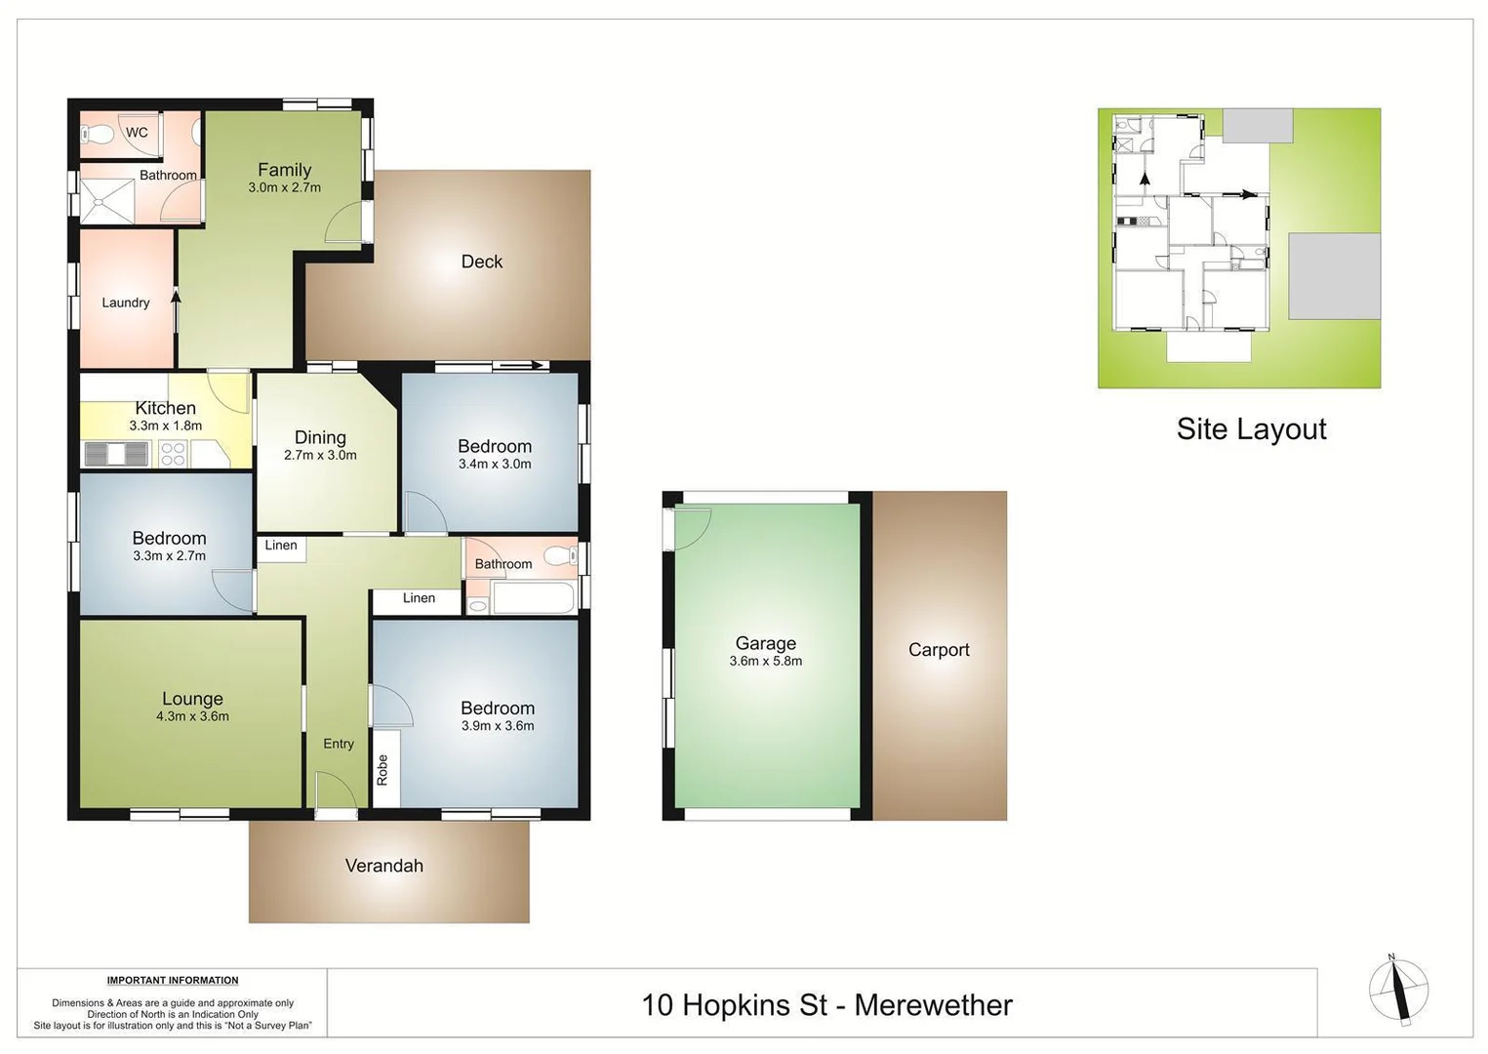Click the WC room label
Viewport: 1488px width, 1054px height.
pos(137,133)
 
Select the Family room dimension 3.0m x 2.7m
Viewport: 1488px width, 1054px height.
pos(284,187)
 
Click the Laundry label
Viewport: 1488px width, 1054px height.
pos(126,303)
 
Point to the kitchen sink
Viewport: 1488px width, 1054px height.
pos(117,454)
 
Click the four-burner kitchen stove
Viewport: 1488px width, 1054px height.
pos(173,454)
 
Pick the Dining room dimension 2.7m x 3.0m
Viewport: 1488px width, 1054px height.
pos(320,455)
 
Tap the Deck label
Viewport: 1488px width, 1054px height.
pos(481,262)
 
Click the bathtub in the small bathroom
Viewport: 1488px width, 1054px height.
pos(533,598)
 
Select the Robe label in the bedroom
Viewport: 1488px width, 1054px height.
pos(382,770)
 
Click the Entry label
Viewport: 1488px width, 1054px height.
pos(339,744)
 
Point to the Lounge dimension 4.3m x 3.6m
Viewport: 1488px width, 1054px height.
pos(192,716)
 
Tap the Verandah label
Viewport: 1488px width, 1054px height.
pos(384,866)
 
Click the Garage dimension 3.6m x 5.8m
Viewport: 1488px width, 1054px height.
pos(765,661)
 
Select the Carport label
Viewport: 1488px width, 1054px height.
pos(939,650)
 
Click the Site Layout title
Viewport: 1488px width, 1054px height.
pos(1251,429)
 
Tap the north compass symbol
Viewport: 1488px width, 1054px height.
pos(1398,990)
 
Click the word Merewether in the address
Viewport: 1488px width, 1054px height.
pos(933,1005)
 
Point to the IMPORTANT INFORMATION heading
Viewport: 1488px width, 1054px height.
pos(173,980)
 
